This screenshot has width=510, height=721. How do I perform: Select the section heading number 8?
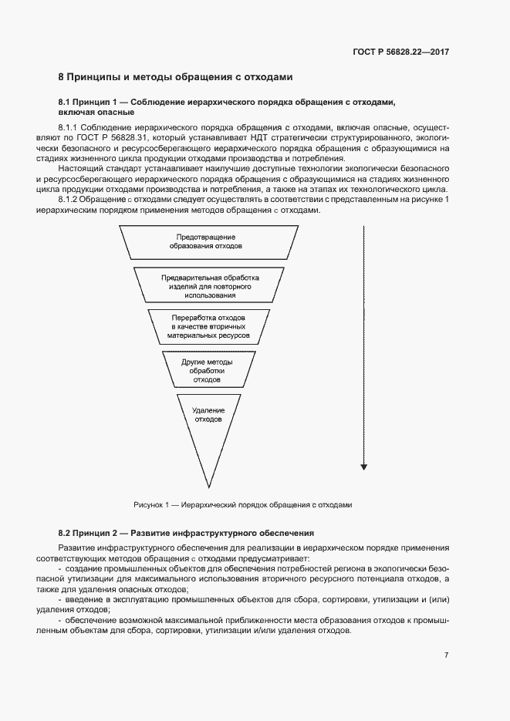pyautogui.click(x=62, y=77)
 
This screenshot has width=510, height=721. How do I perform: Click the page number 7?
pyautogui.click(x=447, y=655)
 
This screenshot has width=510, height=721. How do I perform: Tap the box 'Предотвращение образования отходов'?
pyautogui.click(x=206, y=241)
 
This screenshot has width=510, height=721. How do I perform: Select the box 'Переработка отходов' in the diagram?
pyautogui.click(x=208, y=327)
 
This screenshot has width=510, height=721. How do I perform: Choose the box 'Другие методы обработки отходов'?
pyautogui.click(x=208, y=371)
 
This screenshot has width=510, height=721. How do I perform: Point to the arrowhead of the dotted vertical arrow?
pyautogui.click(x=363, y=467)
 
